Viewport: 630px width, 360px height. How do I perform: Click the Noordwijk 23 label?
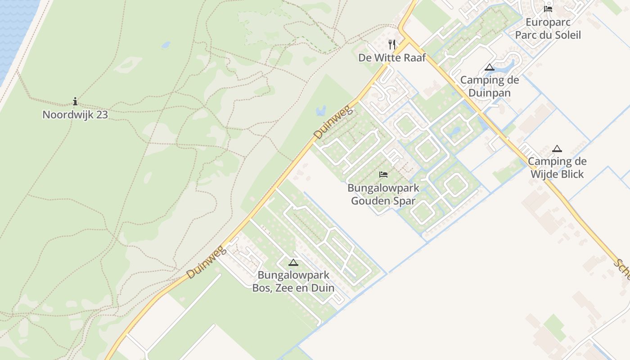(x=75, y=115)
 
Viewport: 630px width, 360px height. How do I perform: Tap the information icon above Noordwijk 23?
(x=75, y=102)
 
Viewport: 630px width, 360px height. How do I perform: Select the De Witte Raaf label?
(x=392, y=58)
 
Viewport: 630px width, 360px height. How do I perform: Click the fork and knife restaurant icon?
(x=392, y=44)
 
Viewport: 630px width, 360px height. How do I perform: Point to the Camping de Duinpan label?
(x=489, y=86)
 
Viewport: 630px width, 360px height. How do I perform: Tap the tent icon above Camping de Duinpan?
(x=490, y=67)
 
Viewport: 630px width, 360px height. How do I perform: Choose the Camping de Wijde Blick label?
(x=557, y=167)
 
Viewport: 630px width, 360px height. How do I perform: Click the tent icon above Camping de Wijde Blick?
(x=557, y=148)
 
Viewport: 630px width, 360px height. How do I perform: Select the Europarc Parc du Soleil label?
(x=548, y=28)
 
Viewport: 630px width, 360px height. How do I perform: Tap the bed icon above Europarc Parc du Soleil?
(x=548, y=9)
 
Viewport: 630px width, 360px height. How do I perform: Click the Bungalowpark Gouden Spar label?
(x=383, y=194)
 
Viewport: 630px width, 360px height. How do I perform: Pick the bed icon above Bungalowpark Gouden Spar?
(x=383, y=174)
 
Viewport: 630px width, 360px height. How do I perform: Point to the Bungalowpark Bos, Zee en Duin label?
(x=293, y=281)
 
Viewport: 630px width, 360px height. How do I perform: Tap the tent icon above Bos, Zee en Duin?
(x=293, y=262)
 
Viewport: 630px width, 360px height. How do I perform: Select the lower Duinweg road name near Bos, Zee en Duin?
(x=205, y=262)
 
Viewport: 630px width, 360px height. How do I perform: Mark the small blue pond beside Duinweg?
(x=321, y=110)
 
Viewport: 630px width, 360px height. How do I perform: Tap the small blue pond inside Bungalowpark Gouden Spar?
(x=455, y=131)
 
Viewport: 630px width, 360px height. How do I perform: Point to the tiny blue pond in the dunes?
(x=166, y=45)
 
